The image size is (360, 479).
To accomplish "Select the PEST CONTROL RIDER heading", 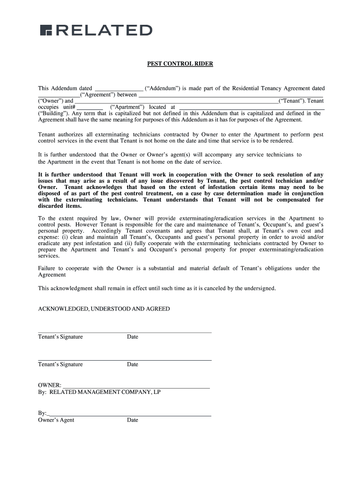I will [x=180, y=64].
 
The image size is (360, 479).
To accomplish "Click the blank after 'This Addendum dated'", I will [x=119, y=88].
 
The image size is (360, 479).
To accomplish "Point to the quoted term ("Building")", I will [x=53, y=113].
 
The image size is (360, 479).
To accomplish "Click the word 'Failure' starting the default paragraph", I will [x=47, y=268].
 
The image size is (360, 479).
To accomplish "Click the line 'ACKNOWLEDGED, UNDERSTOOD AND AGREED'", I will [x=104, y=309].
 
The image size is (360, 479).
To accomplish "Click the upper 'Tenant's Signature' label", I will [x=60, y=337].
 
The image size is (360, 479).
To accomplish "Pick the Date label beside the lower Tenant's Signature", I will [x=132, y=364].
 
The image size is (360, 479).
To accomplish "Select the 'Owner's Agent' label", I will [x=56, y=420].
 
